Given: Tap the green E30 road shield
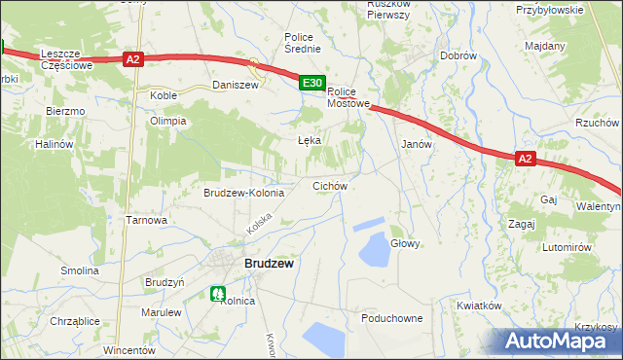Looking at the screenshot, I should pyautogui.click(x=311, y=85).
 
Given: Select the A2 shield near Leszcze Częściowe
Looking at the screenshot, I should pyautogui.click(x=134, y=59).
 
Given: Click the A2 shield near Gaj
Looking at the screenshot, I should pyautogui.click(x=525, y=160).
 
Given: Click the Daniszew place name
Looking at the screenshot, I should pyautogui.click(x=236, y=86).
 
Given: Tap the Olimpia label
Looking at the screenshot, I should pyautogui.click(x=167, y=121).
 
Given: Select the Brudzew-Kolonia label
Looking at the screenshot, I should pyautogui.click(x=243, y=193).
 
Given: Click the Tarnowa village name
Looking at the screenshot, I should pyautogui.click(x=147, y=220).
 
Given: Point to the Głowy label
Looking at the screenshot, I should pyautogui.click(x=405, y=243).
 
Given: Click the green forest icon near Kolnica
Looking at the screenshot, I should pyautogui.click(x=218, y=292).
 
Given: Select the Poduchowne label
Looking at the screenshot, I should pyautogui.click(x=391, y=318).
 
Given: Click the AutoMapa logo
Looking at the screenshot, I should pyautogui.click(x=559, y=342).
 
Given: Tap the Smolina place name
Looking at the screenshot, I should pyautogui.click(x=80, y=270).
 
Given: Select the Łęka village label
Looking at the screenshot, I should pyautogui.click(x=309, y=140).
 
